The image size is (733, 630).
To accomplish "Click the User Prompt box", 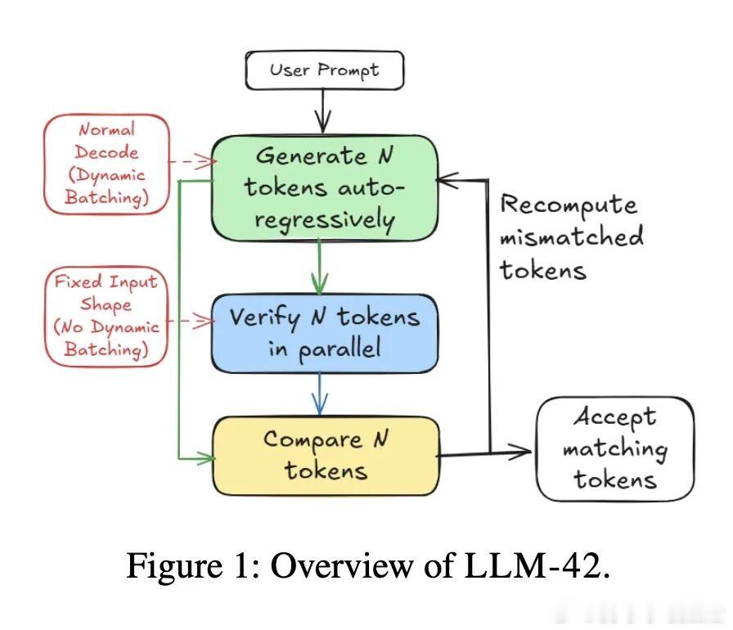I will click(324, 70).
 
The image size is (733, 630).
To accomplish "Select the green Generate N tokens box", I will click(324, 187).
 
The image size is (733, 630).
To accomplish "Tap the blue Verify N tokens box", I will click(324, 333).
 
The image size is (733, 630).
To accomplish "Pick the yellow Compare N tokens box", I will click(326, 455).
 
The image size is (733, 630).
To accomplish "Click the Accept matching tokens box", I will click(614, 448).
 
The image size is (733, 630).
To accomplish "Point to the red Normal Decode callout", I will click(107, 164).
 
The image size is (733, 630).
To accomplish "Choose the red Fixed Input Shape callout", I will click(107, 315).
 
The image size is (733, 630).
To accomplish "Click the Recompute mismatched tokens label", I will click(571, 237).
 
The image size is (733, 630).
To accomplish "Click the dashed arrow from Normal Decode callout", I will click(190, 162).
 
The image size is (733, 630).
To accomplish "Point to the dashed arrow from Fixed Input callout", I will click(190, 322).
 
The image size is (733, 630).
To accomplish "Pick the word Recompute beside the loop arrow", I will click(568, 205).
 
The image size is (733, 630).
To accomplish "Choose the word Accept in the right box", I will click(614, 417).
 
